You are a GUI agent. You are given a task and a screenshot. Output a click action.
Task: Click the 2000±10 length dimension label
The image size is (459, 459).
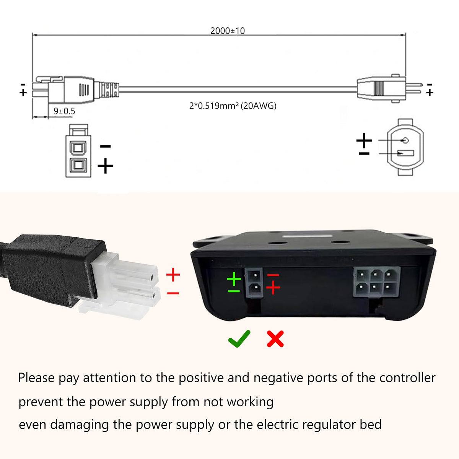tap(228, 31)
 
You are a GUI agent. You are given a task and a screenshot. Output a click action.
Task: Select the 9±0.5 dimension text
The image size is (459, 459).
tap(64, 111)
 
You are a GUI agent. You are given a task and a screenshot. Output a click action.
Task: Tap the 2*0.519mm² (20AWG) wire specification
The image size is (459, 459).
tap(233, 106)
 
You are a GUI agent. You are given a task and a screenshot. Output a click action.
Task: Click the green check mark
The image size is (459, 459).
tap(239, 339)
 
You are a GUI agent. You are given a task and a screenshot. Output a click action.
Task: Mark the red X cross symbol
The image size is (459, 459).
tap(275, 339)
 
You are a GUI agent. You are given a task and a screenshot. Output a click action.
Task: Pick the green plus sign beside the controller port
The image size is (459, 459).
tap(234, 279)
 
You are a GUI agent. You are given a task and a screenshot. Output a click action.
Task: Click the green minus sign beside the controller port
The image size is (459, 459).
tap(234, 291)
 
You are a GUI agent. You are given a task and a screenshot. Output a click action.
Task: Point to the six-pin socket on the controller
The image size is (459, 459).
tap(376, 282)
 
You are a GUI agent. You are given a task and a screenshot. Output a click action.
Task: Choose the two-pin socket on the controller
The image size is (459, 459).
tap(254, 283)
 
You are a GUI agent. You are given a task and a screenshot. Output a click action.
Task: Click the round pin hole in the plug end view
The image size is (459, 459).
tap(405, 140)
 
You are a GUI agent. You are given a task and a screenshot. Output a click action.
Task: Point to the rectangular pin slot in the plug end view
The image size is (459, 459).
tap(406, 153)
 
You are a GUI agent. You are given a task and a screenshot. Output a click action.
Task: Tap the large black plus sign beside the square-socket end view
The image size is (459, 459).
tap(105, 166)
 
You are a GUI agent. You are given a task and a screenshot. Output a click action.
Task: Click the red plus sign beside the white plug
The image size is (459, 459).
tap(173, 275)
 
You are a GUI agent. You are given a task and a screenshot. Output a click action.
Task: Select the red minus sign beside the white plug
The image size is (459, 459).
tap(173, 293)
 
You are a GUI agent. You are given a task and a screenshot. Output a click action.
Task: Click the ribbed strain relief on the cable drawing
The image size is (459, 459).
tap(109, 90)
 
